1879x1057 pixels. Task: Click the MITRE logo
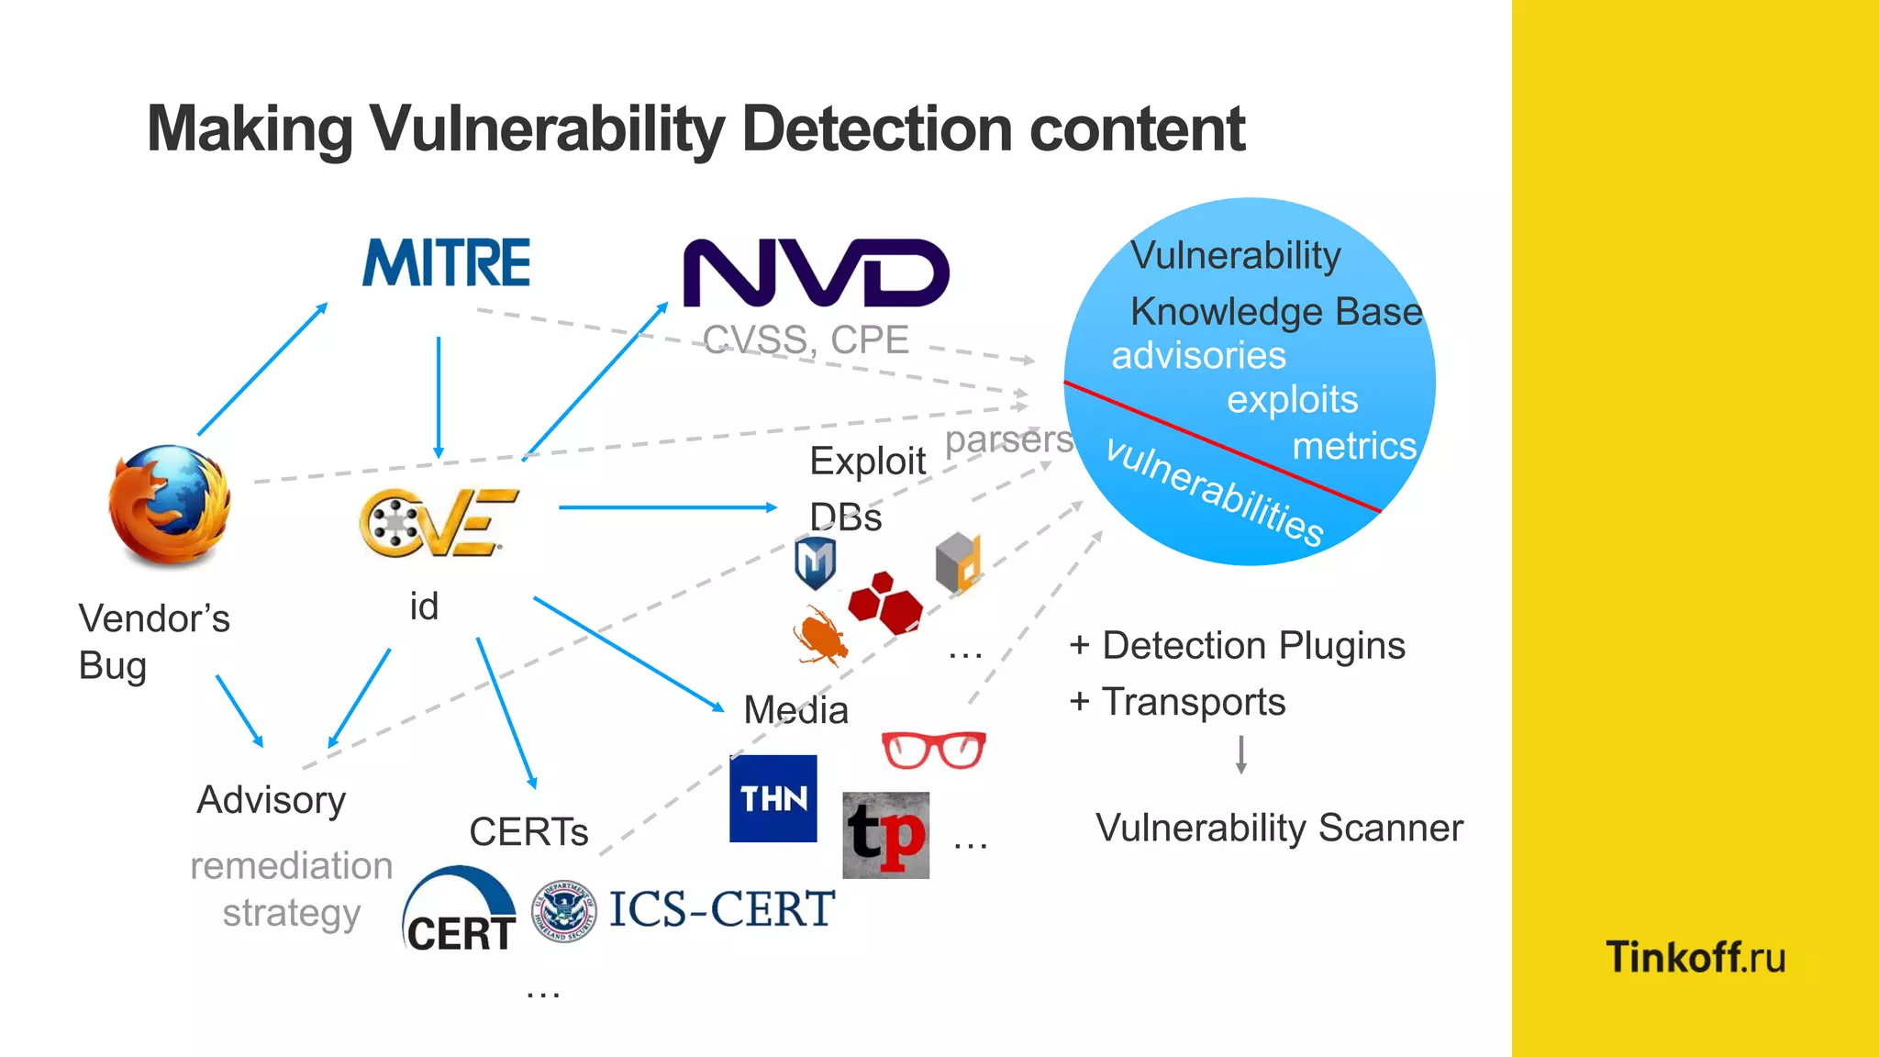446,262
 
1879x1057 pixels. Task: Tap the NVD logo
816,273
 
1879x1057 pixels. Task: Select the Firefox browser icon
170,505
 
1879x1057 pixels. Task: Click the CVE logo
437,523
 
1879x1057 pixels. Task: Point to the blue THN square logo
773,798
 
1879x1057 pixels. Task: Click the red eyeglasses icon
933,750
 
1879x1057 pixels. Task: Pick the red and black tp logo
885,835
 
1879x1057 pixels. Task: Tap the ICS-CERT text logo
721,909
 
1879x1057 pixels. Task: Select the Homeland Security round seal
564,911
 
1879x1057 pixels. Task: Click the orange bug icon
820,636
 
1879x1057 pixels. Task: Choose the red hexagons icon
884,603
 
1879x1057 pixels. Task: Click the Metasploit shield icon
815,562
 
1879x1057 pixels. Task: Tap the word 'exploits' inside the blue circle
1292,400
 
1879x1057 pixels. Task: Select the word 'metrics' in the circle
1354,446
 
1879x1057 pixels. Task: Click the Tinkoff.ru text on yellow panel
1696,957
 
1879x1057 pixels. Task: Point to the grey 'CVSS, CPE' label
806,340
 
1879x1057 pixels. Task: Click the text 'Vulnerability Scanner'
1279,828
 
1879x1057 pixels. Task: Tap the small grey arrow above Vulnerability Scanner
1240,754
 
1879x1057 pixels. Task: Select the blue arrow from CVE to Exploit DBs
668,506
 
